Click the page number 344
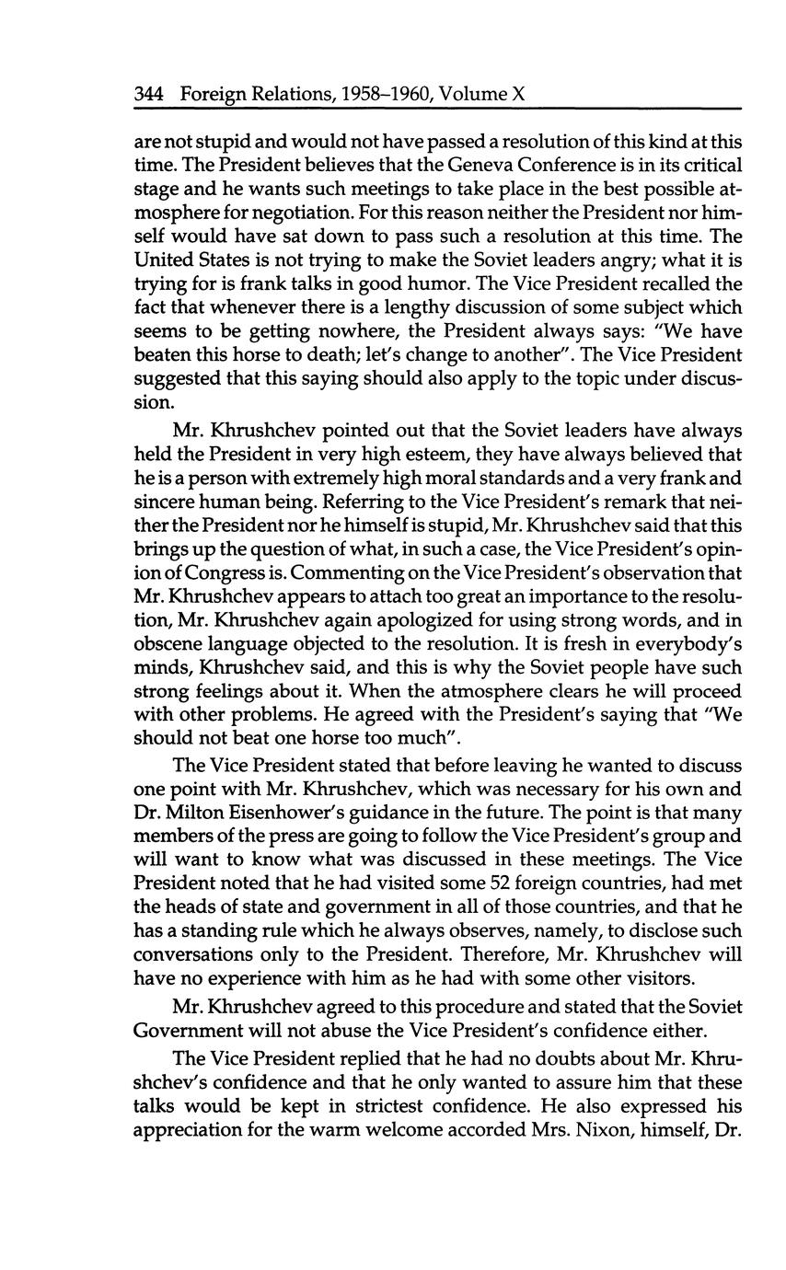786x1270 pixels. [150, 93]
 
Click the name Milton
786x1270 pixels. [207, 813]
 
